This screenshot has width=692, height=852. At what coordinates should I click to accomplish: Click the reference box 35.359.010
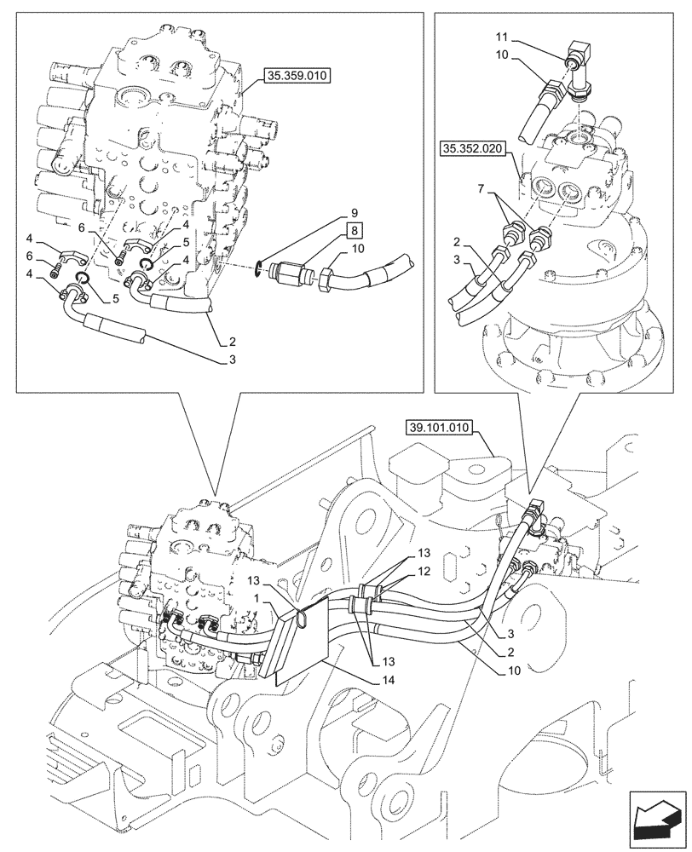coord(297,75)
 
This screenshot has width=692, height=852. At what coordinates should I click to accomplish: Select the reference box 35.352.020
coord(472,150)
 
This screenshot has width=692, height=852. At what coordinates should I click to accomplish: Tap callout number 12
coord(424,572)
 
